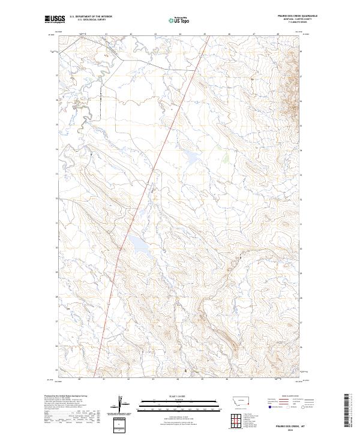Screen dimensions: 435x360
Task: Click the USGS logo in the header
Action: [x=55, y=19]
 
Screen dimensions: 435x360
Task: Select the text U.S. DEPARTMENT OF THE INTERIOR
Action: [x=91, y=17]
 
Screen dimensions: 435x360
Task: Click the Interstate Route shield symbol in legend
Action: [x=269, y=406]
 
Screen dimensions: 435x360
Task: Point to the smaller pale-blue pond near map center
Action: [x=191, y=158]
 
